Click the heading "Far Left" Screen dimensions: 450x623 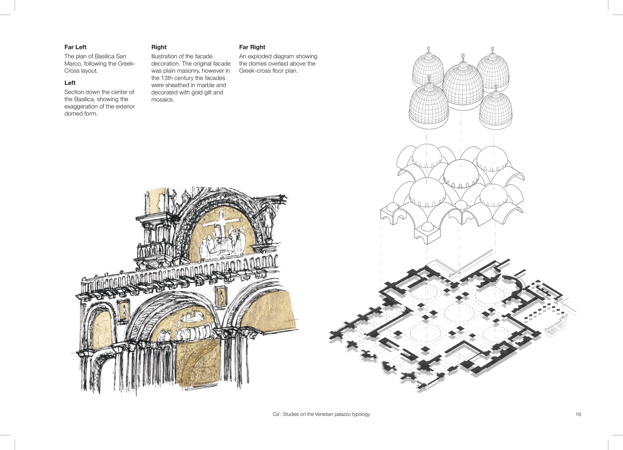[x=75, y=47]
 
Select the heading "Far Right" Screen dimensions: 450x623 [x=252, y=47]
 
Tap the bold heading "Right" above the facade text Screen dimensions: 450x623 [x=159, y=47]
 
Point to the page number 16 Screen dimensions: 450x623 [x=578, y=414]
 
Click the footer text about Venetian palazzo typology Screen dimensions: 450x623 [x=321, y=414]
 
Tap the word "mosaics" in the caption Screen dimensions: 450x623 [x=162, y=100]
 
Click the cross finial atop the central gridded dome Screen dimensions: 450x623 [x=463, y=56]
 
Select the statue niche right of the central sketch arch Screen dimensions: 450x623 [x=221, y=296]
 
